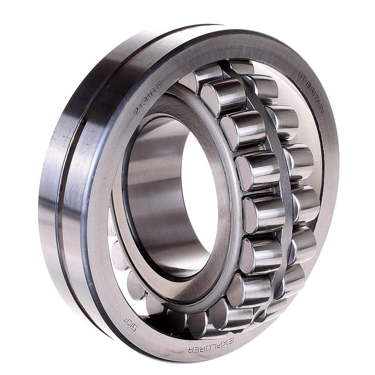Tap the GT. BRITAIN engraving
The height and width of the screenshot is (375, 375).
click(313, 94)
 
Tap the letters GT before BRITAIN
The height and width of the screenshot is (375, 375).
click(303, 77)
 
